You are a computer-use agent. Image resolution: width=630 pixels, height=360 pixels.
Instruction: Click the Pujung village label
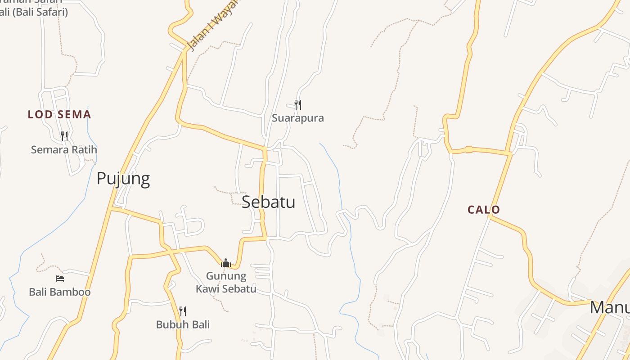(x=123, y=179)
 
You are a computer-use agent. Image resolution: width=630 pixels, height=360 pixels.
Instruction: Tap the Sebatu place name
(x=268, y=202)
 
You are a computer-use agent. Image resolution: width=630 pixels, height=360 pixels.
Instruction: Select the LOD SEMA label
(x=59, y=114)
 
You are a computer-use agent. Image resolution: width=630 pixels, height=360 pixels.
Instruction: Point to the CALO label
(x=484, y=210)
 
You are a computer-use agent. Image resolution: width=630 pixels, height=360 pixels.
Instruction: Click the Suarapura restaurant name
(x=297, y=118)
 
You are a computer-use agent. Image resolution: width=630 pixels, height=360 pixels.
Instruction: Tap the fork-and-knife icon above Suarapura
(x=297, y=105)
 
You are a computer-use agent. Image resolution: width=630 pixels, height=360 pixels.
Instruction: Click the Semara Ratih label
(x=64, y=149)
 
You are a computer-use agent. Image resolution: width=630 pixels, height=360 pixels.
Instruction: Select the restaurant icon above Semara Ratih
(x=64, y=136)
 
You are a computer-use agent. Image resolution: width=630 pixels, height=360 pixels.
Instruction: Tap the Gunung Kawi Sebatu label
(x=226, y=282)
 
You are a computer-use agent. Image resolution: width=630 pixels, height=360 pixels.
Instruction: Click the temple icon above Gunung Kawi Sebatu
(x=226, y=263)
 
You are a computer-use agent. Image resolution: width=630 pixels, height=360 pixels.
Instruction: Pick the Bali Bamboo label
(x=60, y=292)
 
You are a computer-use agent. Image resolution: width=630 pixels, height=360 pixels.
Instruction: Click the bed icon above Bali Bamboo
(x=60, y=279)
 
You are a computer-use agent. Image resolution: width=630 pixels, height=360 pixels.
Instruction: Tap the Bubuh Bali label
(x=183, y=324)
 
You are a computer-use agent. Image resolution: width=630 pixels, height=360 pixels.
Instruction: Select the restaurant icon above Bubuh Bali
(x=183, y=311)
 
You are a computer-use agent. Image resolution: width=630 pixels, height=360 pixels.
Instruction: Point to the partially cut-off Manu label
(x=609, y=308)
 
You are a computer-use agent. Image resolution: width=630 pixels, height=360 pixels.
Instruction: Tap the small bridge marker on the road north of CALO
(x=469, y=149)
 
